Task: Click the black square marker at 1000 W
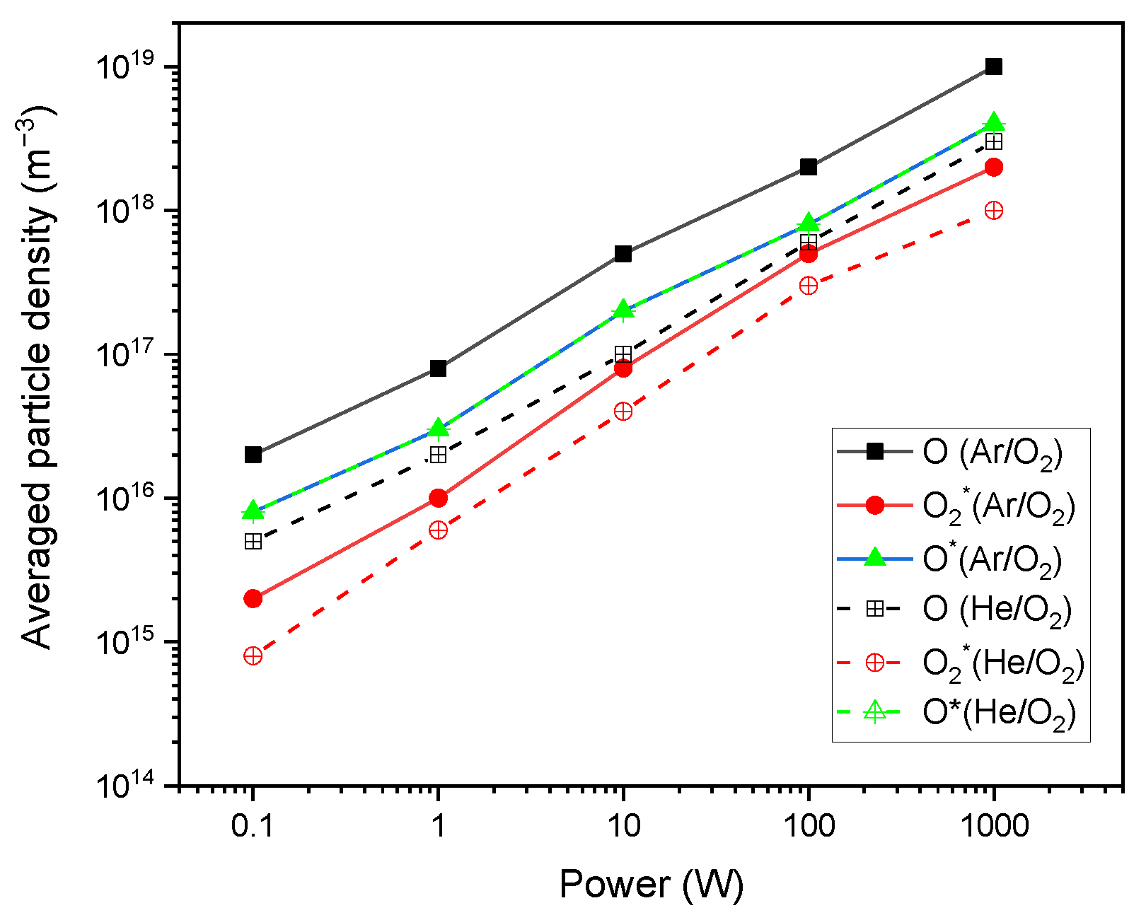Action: (993, 66)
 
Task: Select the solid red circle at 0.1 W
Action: (253, 598)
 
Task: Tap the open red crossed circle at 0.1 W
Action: (253, 656)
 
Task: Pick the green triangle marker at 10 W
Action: (623, 309)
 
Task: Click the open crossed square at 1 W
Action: (439, 455)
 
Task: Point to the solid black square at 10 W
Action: (623, 253)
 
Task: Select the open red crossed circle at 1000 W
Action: (993, 211)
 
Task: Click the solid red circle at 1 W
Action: (439, 498)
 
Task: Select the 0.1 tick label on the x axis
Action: (253, 825)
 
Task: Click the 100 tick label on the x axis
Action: (808, 825)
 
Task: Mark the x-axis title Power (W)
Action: (651, 885)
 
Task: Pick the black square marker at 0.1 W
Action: (253, 455)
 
